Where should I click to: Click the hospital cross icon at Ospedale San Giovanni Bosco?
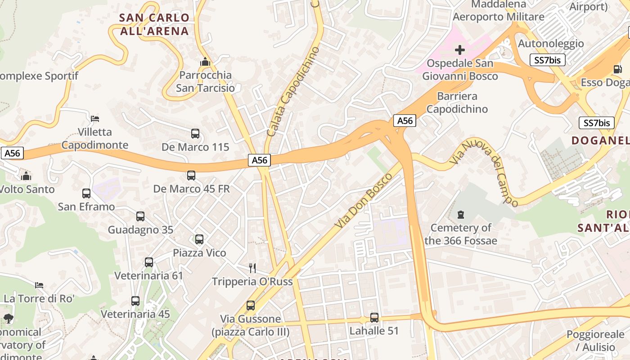click(x=460, y=49)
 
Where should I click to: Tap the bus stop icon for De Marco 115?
click(x=195, y=134)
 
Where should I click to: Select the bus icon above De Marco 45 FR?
click(x=191, y=175)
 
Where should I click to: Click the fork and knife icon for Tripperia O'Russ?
click(x=252, y=268)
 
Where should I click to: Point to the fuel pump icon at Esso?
click(x=617, y=69)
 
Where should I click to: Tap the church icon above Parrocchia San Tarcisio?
click(x=205, y=62)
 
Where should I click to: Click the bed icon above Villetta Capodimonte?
click(x=95, y=119)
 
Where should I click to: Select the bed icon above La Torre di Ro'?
click(x=39, y=285)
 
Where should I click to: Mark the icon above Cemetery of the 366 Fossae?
click(x=460, y=215)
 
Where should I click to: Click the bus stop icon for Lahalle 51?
click(x=374, y=318)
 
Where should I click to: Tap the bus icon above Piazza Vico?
click(x=199, y=239)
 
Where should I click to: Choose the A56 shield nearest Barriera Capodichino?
click(x=405, y=121)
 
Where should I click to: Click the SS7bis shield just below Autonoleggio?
click(x=547, y=60)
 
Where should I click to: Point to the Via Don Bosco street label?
click(x=364, y=200)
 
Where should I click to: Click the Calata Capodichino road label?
click(x=293, y=92)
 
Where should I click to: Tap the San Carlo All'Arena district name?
click(x=154, y=24)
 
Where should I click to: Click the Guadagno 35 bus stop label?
click(x=140, y=230)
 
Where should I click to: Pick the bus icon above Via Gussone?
click(x=251, y=306)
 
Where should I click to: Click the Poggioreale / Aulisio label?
click(x=595, y=341)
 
